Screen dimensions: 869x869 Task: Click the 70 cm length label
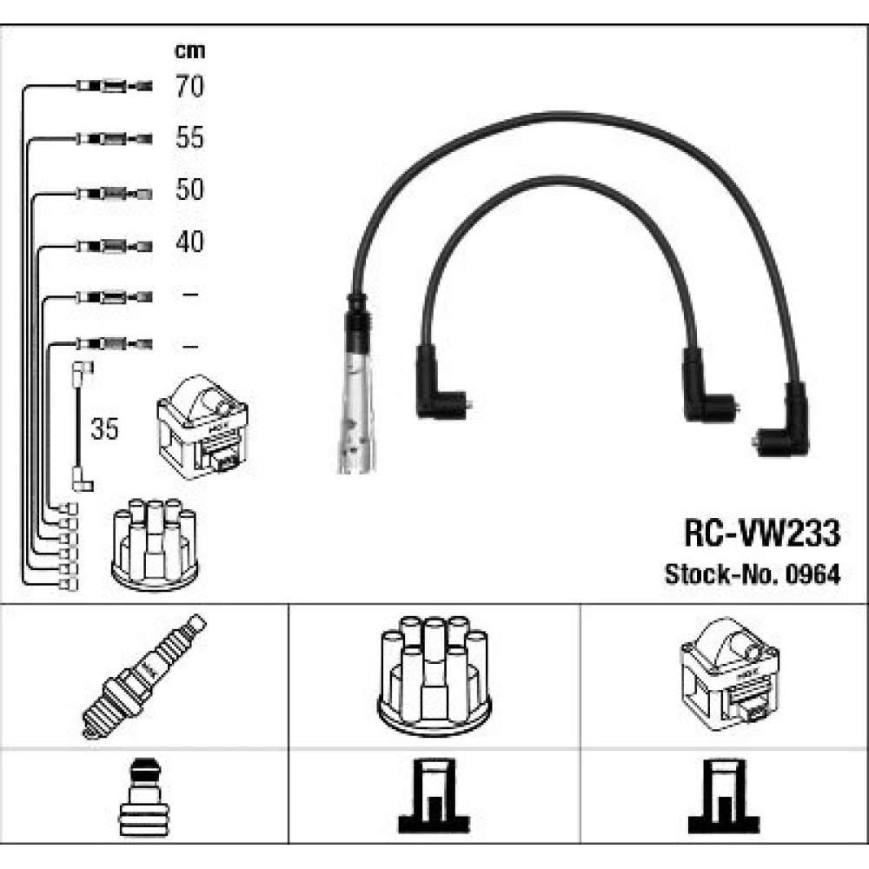pyautogui.click(x=189, y=86)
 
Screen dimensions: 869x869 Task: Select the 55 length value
pyautogui.click(x=189, y=137)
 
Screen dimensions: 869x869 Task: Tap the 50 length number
pyautogui.click(x=189, y=189)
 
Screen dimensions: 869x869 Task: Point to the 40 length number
pyautogui.click(x=189, y=242)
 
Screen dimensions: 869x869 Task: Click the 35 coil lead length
pyautogui.click(x=105, y=428)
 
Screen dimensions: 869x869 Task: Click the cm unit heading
pyautogui.click(x=190, y=51)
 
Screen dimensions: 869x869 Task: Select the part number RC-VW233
pyautogui.click(x=762, y=533)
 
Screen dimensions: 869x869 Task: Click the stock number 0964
pyautogui.click(x=813, y=574)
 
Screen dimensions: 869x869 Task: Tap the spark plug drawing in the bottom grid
pyautogui.click(x=144, y=676)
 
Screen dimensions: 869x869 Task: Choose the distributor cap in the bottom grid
pyautogui.click(x=434, y=675)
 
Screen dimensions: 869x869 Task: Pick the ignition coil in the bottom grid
pyautogui.click(x=729, y=674)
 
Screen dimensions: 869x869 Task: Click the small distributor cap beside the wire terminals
pyautogui.click(x=155, y=545)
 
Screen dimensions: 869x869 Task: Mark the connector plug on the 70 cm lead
pyautogui.click(x=114, y=86)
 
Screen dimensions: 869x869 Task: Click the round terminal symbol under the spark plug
pyautogui.click(x=143, y=796)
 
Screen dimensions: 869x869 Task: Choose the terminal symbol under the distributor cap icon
pyautogui.click(x=434, y=796)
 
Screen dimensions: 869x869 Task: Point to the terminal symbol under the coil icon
pyautogui.click(x=724, y=796)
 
